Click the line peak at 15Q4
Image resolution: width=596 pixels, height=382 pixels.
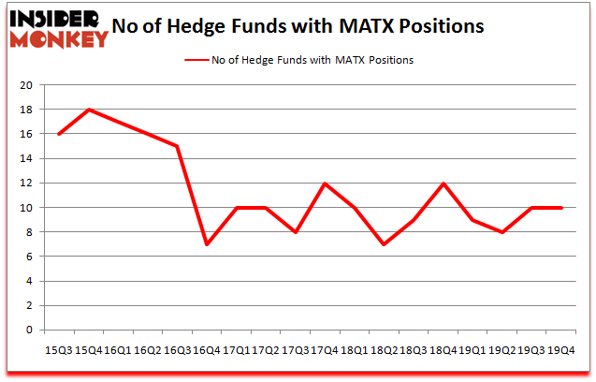click(x=89, y=110)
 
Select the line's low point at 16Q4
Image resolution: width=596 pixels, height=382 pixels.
click(x=205, y=244)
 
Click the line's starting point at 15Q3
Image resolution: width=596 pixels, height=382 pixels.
click(x=60, y=134)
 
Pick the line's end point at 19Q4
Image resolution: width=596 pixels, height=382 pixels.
click(x=561, y=207)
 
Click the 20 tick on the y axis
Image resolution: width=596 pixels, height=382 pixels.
click(x=27, y=85)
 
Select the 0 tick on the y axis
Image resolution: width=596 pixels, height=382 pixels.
click(x=31, y=330)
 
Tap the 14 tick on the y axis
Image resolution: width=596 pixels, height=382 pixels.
click(x=27, y=158)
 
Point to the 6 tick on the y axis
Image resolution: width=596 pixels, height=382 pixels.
click(x=31, y=257)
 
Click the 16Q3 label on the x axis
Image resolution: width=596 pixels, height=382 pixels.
click(x=176, y=349)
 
